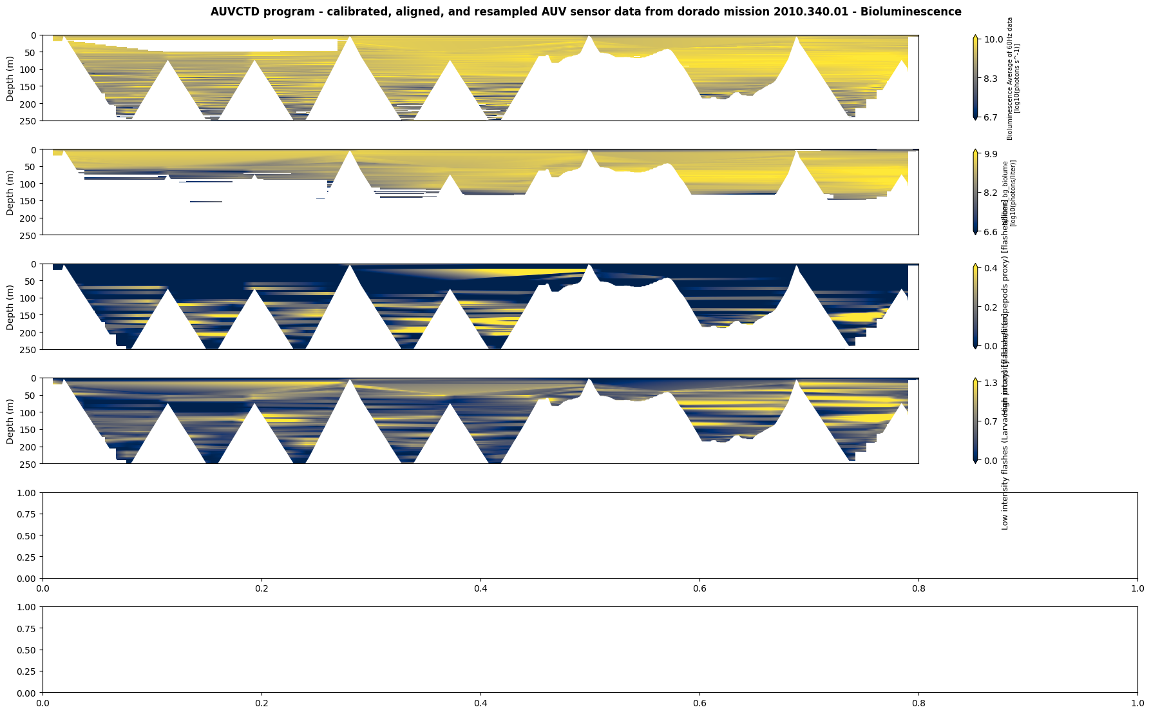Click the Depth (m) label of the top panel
[10, 78]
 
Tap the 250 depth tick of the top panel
[30, 121]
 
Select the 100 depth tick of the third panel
[30, 298]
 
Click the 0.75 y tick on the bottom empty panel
[26, 628]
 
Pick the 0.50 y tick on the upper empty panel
[26, 535]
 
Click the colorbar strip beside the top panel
[975, 78]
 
